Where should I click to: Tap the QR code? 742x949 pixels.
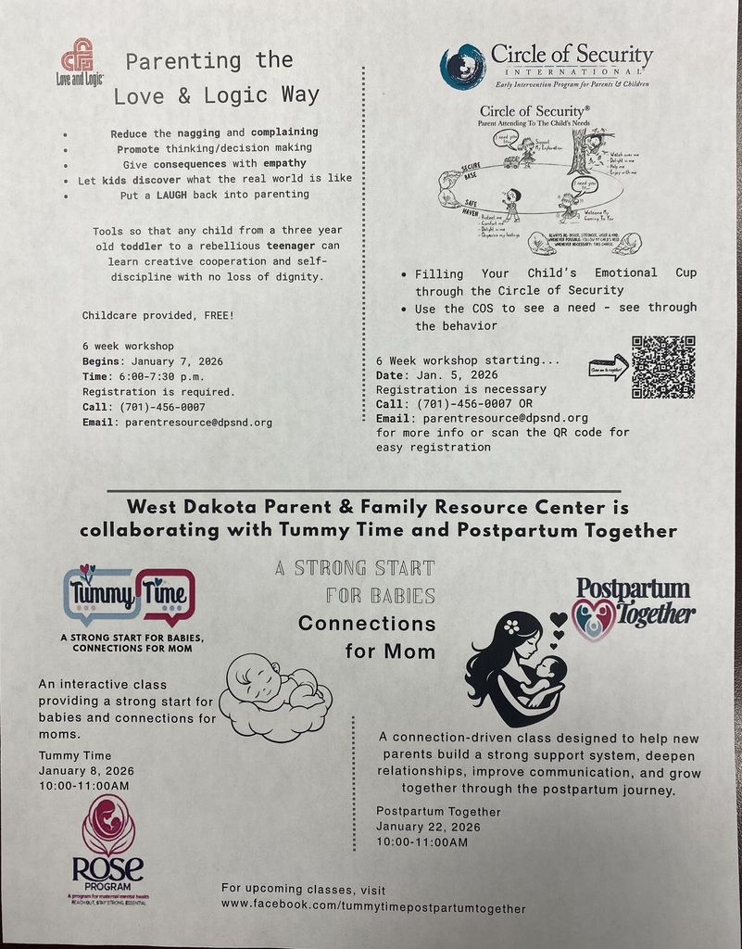pos(662,367)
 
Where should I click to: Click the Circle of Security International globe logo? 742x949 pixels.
pos(462,67)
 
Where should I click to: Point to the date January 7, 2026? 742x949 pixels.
pos(176,361)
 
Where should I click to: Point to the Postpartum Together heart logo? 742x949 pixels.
pos(594,618)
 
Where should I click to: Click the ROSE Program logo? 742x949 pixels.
pos(108,849)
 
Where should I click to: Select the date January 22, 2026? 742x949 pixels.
pos(428,827)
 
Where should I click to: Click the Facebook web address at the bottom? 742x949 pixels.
pos(373,908)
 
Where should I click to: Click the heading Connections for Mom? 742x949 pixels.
pos(368,637)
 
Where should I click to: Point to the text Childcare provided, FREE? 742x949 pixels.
pos(157,315)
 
